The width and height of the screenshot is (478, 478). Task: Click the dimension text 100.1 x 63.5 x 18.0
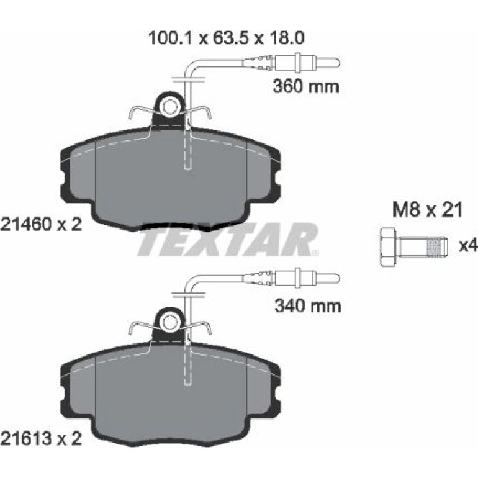pyautogui.click(x=226, y=38)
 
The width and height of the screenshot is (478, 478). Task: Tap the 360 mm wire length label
pyautogui.click(x=306, y=86)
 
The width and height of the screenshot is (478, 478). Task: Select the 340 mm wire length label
pyautogui.click(x=308, y=306)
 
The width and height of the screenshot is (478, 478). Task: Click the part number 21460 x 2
pyautogui.click(x=42, y=225)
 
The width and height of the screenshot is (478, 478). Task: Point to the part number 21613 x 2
pyautogui.click(x=42, y=439)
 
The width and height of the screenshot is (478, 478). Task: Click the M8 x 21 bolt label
pyautogui.click(x=427, y=210)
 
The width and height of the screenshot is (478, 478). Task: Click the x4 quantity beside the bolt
pyautogui.click(x=468, y=246)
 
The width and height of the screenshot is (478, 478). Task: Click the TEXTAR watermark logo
pyautogui.click(x=228, y=239)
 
